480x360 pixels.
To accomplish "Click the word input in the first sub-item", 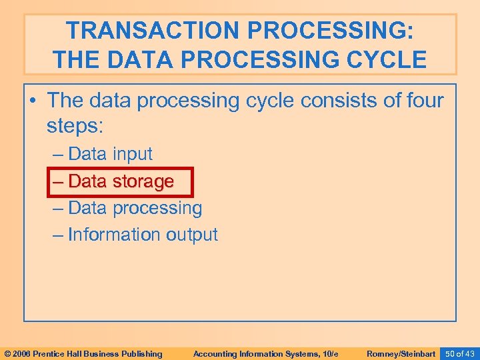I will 132,154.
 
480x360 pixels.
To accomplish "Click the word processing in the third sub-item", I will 157,208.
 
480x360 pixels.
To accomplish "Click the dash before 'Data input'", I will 58,155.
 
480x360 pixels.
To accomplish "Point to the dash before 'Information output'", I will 58,235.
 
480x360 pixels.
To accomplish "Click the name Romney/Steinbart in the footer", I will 401,353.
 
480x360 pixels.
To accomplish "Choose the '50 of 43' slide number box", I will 459,353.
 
